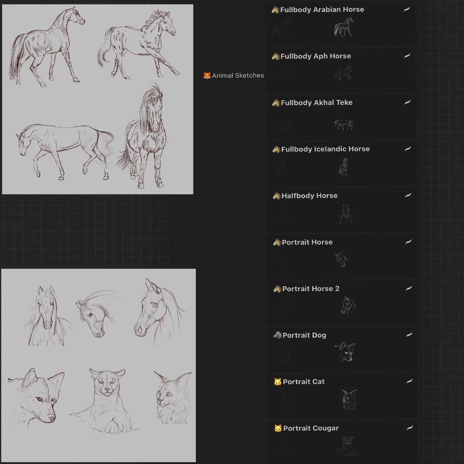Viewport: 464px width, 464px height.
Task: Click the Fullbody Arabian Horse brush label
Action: (322, 10)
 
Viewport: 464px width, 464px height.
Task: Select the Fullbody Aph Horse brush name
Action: (315, 56)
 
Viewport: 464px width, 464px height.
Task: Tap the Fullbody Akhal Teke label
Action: (317, 102)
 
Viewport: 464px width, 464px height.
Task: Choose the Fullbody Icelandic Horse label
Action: (325, 149)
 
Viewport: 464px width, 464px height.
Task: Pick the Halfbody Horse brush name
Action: (309, 196)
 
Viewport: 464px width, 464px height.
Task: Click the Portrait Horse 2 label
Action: (311, 289)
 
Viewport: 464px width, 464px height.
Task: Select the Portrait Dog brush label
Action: (304, 335)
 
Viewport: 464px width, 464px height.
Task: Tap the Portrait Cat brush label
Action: (304, 382)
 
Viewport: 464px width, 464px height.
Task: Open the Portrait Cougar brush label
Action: (311, 428)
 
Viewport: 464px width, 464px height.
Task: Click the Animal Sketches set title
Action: (238, 75)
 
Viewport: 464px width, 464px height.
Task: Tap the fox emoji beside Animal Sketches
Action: (207, 75)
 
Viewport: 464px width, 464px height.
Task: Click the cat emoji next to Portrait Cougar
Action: (278, 428)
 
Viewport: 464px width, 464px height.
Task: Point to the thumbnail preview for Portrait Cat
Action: (349, 399)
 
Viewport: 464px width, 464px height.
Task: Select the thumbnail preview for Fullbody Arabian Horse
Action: (343, 27)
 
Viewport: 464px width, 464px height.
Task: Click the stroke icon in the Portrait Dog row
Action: (409, 335)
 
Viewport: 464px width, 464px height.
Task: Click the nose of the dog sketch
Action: (52, 417)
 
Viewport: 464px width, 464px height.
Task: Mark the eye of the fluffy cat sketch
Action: (169, 394)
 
